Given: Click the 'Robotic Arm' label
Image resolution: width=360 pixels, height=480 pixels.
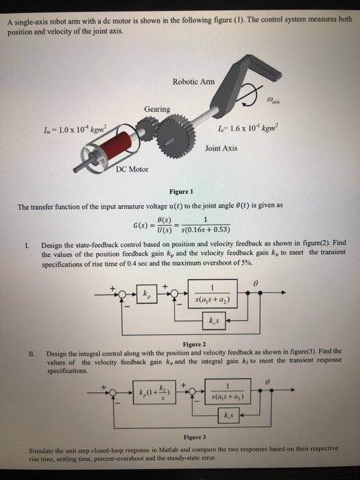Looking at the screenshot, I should (x=193, y=80).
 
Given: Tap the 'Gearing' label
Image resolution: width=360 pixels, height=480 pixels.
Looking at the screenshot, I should (x=157, y=109).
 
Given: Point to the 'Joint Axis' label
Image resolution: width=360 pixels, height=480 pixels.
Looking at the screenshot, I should (x=221, y=147).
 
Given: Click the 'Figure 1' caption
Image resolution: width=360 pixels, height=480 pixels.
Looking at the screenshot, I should (x=180, y=193).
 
